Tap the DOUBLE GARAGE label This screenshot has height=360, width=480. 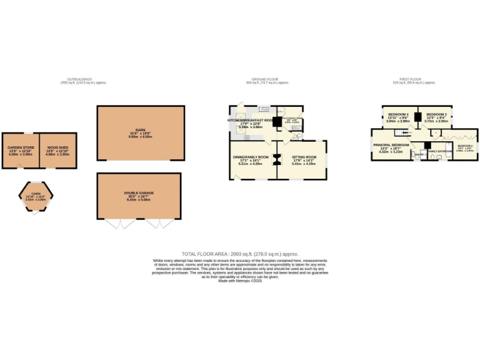coord(138,194)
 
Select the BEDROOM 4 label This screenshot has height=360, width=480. coord(398,114)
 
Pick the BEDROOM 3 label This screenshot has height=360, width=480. coord(436,114)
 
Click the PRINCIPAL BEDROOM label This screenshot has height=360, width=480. coord(391,145)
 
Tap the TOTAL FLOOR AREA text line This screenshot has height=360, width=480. coord(240,254)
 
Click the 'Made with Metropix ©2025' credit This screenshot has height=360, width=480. coord(240,281)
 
